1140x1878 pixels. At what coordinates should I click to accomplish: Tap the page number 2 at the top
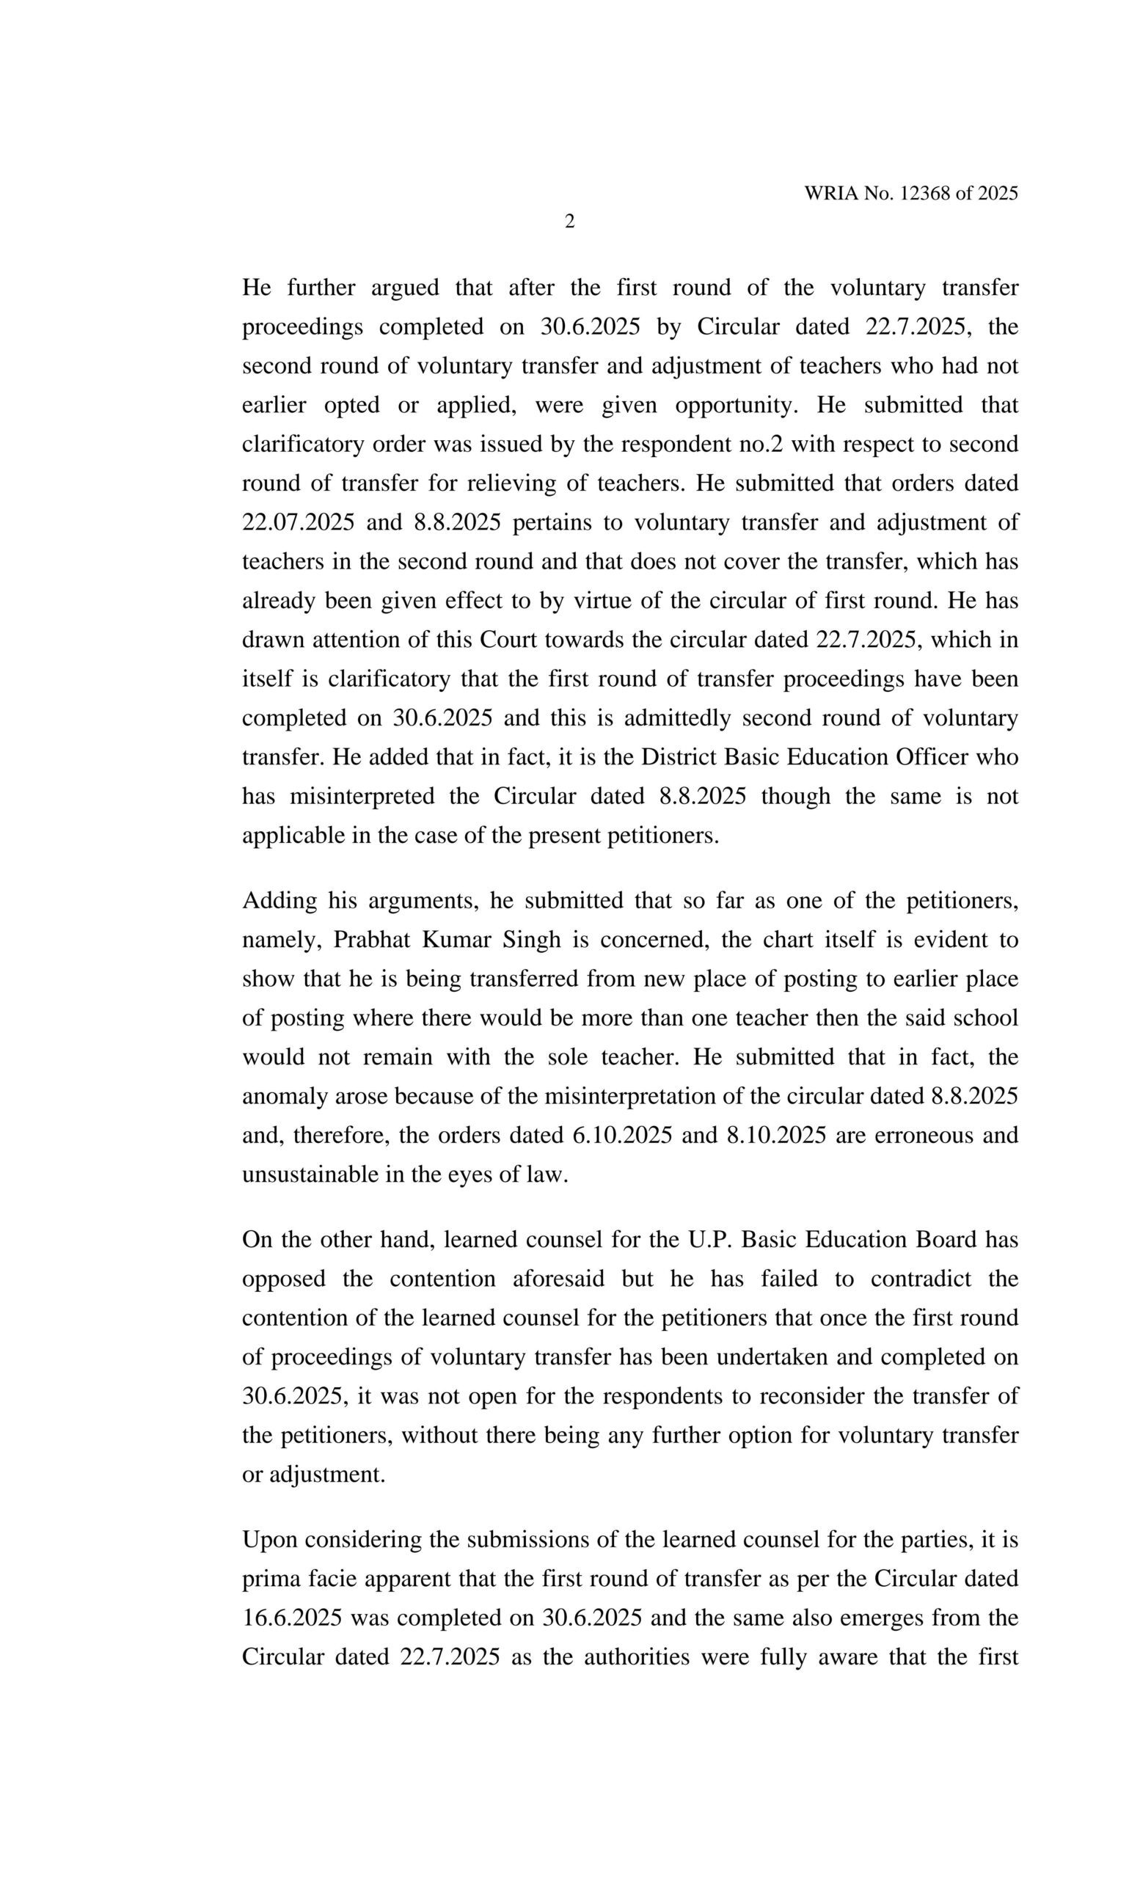point(569,222)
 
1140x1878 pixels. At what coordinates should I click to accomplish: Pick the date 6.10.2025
point(622,1135)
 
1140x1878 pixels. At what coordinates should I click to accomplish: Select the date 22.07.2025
point(298,523)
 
